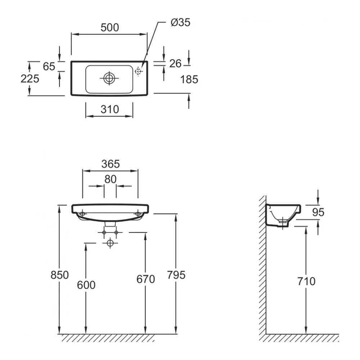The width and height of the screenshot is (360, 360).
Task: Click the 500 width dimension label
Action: coord(110,28)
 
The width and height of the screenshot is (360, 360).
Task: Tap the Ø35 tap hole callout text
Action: coord(180,22)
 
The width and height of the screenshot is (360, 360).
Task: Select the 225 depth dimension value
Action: coord(30,79)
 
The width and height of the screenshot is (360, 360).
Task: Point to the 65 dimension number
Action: coord(49,66)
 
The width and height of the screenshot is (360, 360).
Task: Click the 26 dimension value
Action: coord(175,64)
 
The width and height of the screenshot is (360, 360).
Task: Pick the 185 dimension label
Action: coord(189,80)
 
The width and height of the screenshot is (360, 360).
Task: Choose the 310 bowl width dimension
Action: coord(110,109)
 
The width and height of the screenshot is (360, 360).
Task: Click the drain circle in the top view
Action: coord(109,78)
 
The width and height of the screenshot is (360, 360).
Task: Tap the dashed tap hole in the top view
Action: coord(138,71)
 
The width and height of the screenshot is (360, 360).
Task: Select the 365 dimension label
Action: coord(111,164)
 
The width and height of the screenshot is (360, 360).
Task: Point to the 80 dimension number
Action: coord(110,179)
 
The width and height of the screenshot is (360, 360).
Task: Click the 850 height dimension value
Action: coord(60,275)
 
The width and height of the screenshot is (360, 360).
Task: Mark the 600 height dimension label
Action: coord(86,285)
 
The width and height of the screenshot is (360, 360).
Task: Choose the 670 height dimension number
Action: coord(145,279)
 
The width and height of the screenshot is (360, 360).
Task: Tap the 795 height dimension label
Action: coord(176,275)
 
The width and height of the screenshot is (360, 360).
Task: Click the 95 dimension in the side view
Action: coord(318,212)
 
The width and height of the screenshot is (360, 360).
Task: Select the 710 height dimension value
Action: coord(306,281)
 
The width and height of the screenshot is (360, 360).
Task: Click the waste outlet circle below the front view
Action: coord(110,243)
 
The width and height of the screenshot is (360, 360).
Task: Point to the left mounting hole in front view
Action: coord(82,214)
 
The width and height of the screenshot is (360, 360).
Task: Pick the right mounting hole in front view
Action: coord(138,214)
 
